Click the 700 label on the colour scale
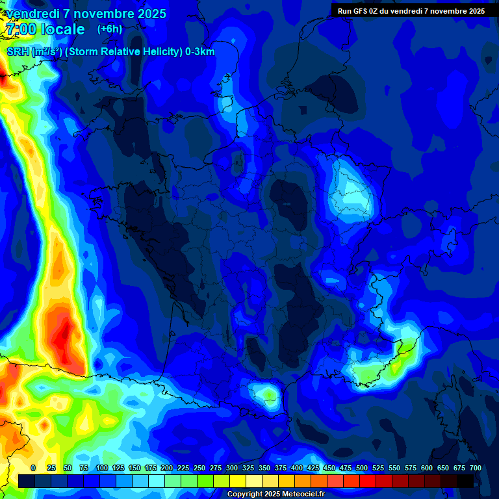(x=475, y=468)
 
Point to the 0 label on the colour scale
(x=33, y=468)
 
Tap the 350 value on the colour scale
(x=264, y=468)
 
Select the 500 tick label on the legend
(x=362, y=468)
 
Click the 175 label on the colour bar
(x=151, y=468)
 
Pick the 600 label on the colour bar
(x=427, y=468)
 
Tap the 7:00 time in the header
(x=20, y=29)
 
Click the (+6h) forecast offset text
(x=110, y=29)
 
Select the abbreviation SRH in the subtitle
(x=18, y=52)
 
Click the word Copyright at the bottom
(x=246, y=494)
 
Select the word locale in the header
(x=62, y=29)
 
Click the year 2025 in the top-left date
(x=149, y=14)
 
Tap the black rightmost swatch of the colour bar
(x=465, y=481)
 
